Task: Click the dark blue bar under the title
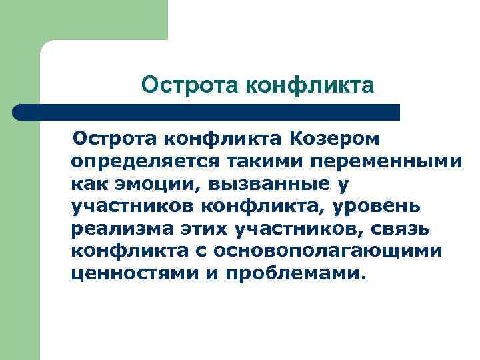[x=213, y=112]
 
